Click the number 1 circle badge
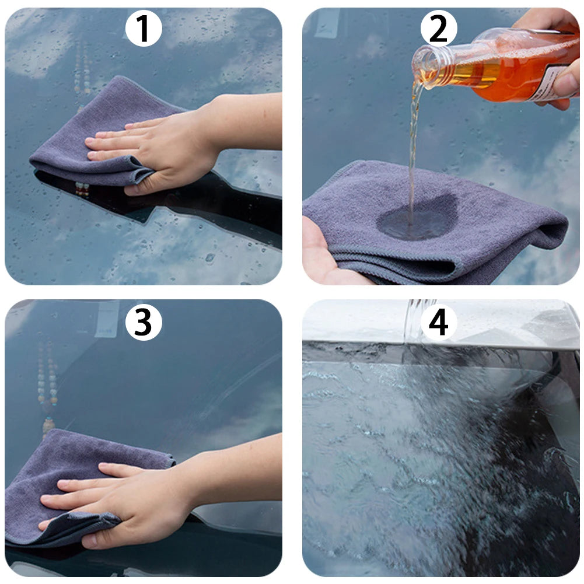tap(144, 29)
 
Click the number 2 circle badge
tap(439, 29)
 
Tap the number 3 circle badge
tap(144, 322)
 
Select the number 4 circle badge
tap(439, 322)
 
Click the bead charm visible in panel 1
tap(82, 70)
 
